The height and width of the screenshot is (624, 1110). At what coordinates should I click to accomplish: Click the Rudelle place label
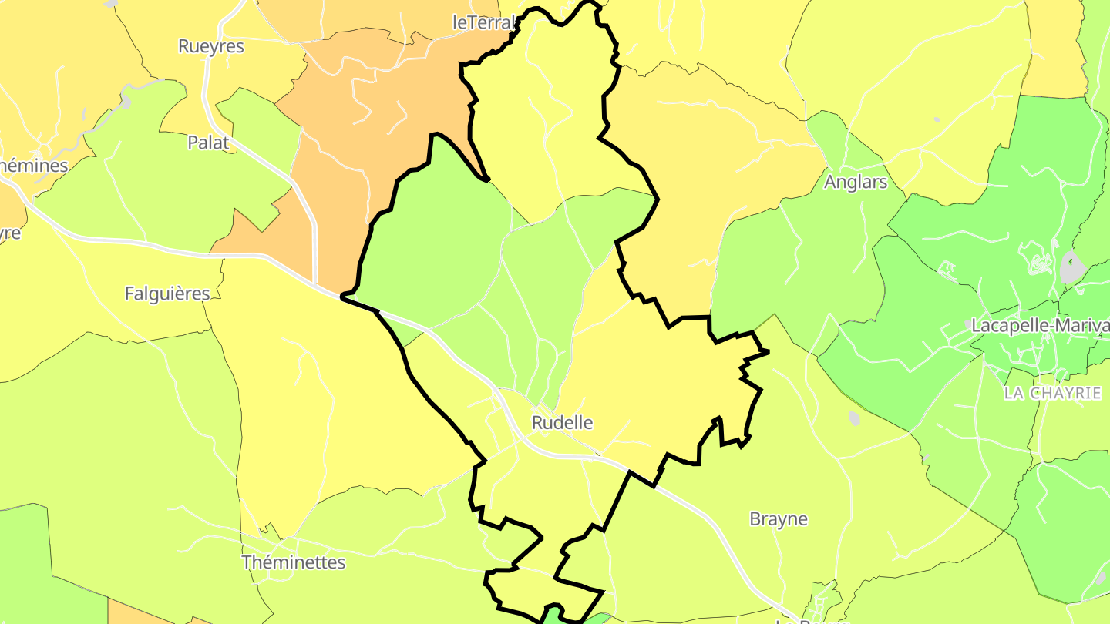[563, 422]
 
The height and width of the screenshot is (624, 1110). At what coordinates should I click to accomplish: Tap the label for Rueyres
[211, 46]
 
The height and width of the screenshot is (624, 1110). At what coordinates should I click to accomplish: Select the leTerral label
[483, 23]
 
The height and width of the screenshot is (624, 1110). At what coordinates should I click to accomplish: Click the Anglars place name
[856, 183]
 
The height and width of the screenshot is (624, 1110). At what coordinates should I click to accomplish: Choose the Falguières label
[167, 294]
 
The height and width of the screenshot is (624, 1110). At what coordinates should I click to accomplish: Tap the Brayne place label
[779, 519]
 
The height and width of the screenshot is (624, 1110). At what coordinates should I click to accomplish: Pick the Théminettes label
[294, 562]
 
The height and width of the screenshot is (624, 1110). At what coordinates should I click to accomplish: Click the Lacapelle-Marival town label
[1040, 326]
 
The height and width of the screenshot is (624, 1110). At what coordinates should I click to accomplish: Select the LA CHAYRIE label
[1052, 393]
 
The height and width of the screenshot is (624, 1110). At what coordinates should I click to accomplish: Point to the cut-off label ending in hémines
[34, 166]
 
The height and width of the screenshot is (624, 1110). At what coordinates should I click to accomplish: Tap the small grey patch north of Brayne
[854, 418]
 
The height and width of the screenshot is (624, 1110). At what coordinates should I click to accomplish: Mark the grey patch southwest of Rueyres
[126, 101]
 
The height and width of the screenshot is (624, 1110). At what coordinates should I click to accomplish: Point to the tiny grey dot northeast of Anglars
[937, 119]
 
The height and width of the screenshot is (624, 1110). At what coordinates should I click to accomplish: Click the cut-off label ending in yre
[10, 233]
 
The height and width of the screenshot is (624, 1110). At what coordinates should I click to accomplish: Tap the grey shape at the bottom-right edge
[1101, 578]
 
